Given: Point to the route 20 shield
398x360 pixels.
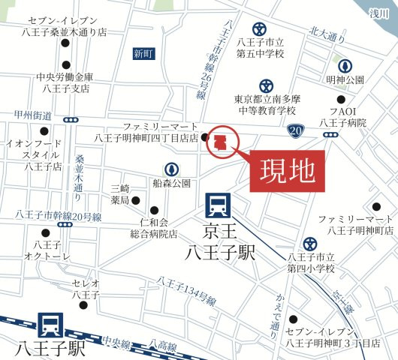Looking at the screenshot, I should [295, 130].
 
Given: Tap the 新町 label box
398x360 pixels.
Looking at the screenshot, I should [143, 53].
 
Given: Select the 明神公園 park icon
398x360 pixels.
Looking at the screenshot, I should [345, 65].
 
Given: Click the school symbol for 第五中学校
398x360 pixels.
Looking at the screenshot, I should [259, 28].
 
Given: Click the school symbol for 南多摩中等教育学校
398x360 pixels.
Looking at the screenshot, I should [264, 86].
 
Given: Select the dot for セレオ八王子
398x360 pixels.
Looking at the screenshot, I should [85, 304].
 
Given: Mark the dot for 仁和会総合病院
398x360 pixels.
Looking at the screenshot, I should [155, 210].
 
